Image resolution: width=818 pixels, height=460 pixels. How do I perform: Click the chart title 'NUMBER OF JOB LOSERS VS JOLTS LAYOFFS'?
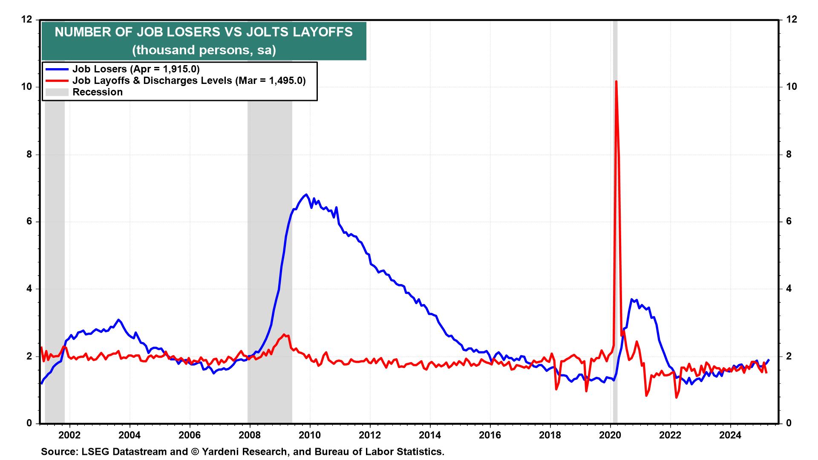204,32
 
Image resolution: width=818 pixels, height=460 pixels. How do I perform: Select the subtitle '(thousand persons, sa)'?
204,50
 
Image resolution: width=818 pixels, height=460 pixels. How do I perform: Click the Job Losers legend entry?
135,69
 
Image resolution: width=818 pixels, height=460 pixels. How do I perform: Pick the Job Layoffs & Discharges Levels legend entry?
189,80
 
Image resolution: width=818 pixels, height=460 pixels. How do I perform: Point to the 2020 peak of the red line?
616,81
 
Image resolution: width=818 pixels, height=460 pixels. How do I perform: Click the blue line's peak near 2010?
306,195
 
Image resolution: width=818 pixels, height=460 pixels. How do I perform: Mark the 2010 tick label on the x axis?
310,435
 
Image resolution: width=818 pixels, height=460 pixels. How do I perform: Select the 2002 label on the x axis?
69,435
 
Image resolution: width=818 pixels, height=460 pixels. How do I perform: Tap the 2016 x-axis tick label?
490,435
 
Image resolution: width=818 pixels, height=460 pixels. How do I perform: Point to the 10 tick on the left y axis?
27,87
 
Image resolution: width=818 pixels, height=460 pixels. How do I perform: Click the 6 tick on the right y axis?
789,221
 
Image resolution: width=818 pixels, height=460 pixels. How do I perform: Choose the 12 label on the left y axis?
27,20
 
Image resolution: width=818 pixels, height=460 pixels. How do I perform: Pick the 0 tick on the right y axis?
789,423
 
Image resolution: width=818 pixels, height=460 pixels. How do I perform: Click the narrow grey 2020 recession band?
615,256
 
